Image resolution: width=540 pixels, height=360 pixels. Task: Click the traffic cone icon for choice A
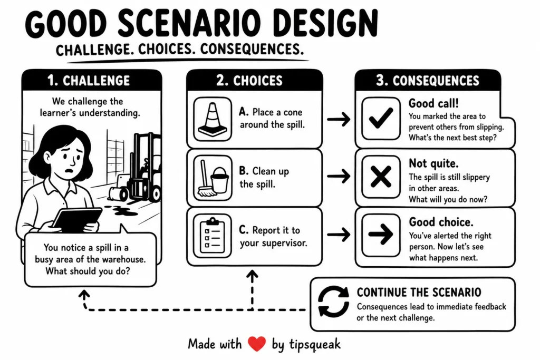(213, 119)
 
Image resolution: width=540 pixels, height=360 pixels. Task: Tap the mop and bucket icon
(213, 178)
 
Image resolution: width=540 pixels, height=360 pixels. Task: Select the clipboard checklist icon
(212, 236)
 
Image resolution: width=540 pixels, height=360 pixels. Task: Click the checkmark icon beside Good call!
(381, 118)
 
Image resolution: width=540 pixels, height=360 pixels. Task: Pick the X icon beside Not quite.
(381, 177)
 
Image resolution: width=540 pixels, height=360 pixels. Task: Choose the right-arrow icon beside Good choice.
(381, 235)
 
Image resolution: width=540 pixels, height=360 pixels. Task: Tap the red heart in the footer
(257, 344)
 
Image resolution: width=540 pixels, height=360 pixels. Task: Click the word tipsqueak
(315, 344)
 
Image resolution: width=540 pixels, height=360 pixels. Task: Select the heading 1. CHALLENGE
(89, 81)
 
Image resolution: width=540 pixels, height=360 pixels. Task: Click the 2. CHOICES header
(249, 81)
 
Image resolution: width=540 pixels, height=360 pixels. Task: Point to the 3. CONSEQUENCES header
(427, 81)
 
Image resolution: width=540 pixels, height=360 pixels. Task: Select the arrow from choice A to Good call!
(339, 120)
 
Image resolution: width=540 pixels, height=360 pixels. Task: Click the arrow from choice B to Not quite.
(339, 176)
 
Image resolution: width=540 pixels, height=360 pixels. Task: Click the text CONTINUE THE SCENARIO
(419, 292)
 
